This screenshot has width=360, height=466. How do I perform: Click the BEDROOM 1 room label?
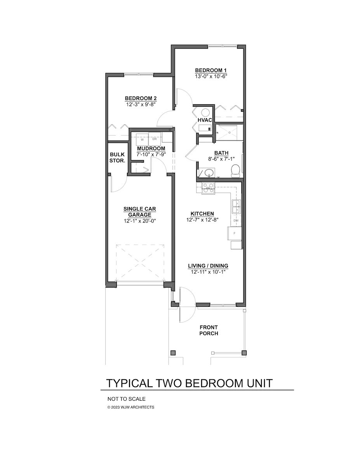coord(210,70)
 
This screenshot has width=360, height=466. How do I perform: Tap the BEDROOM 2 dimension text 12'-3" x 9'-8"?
coord(141,104)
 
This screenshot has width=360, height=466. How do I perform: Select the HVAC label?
coord(204,120)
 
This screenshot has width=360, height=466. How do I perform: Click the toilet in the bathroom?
coord(235,170)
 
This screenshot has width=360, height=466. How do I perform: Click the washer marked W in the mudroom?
coord(142,139)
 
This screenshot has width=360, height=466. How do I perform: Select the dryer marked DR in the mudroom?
coord(154,139)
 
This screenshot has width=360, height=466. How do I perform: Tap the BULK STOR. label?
coord(117,157)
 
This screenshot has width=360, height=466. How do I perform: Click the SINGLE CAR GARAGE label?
coord(139,212)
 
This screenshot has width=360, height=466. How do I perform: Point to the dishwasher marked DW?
coord(236,221)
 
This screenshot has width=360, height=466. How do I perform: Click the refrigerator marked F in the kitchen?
coord(234,233)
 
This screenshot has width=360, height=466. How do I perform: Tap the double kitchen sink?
coord(236,206)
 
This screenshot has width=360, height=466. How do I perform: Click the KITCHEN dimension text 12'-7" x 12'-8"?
coord(202,219)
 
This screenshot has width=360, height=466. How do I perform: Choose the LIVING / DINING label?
coord(208,266)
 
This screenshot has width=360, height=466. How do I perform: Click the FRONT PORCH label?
coord(209,330)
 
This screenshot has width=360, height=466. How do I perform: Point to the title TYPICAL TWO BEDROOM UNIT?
coord(189,383)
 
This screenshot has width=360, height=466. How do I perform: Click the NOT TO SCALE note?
coord(126,399)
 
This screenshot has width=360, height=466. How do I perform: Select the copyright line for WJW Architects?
coord(130,407)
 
